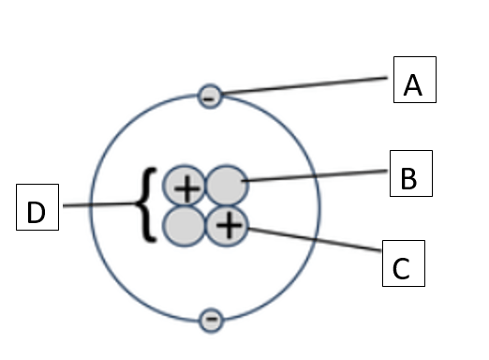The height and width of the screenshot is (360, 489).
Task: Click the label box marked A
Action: click(x=415, y=80)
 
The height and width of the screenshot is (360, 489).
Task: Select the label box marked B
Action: click(x=411, y=173)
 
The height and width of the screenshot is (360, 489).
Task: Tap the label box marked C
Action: click(x=404, y=263)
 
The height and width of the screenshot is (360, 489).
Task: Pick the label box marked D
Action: click(x=37, y=207)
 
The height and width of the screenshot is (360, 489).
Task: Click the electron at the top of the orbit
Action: click(x=210, y=97)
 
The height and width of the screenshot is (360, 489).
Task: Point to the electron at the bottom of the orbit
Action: click(x=212, y=320)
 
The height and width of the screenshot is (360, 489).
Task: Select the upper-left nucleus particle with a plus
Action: click(x=185, y=186)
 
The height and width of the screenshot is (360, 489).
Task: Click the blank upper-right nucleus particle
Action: click(x=227, y=186)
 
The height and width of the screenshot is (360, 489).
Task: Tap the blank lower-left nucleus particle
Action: click(x=185, y=226)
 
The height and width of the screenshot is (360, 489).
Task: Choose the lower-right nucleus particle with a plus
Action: click(x=227, y=226)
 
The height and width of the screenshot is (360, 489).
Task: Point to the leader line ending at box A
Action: click(x=304, y=85)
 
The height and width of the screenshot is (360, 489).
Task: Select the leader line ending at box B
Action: click(x=315, y=175)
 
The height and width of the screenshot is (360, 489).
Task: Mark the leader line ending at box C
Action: click(x=315, y=239)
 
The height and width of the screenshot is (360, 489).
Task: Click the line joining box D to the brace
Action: click(x=99, y=204)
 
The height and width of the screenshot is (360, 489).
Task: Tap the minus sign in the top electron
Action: click(x=209, y=99)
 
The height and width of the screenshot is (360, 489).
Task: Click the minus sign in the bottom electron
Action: click(x=212, y=319)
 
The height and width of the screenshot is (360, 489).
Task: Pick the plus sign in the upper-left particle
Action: click(x=186, y=188)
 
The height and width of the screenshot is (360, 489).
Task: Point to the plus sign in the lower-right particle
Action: click(x=229, y=226)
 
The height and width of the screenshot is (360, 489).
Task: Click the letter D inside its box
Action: click(x=36, y=212)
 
